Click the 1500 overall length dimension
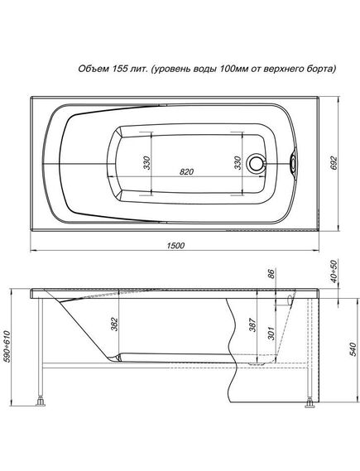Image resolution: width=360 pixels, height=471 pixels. pyautogui.click(x=175, y=245)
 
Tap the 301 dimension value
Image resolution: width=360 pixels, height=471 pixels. pyautogui.click(x=271, y=333)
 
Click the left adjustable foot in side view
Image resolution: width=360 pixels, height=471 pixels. pyautogui.click(x=39, y=404)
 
